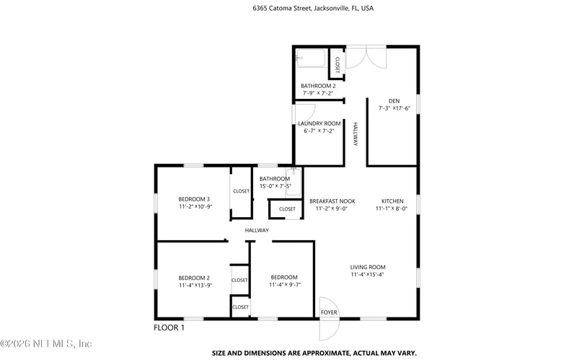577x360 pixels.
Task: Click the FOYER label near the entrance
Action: pyautogui.click(x=329, y=312)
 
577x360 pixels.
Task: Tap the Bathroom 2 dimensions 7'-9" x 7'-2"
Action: pyautogui.click(x=318, y=94)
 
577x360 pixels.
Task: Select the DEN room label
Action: pyautogui.click(x=394, y=101)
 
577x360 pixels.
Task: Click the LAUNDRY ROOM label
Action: pyautogui.click(x=320, y=123)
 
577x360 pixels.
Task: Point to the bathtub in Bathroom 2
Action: pyautogui.click(x=311, y=58)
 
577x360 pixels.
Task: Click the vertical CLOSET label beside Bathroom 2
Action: pyautogui.click(x=338, y=65)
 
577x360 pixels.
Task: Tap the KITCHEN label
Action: pyautogui.click(x=392, y=201)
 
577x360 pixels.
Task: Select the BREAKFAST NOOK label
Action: pyautogui.click(x=332, y=201)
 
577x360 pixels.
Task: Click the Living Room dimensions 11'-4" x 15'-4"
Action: pyautogui.click(x=368, y=275)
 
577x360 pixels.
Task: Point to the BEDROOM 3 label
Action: pyautogui.click(x=194, y=199)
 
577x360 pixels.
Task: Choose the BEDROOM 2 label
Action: pyautogui.click(x=194, y=278)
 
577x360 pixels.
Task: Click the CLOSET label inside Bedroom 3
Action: pyautogui.click(x=241, y=191)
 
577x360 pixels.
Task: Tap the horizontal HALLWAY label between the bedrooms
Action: pyautogui.click(x=257, y=230)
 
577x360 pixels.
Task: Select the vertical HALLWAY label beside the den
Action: pyautogui.click(x=356, y=134)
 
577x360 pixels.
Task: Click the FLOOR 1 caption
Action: pyautogui.click(x=169, y=328)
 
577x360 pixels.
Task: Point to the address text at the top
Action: pyautogui.click(x=313, y=8)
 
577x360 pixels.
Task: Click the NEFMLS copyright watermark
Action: pyautogui.click(x=46, y=344)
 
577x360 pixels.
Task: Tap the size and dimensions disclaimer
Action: pyautogui.click(x=314, y=353)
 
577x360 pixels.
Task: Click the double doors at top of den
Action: pyautogui.click(x=366, y=57)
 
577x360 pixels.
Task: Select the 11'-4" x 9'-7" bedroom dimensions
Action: pyautogui.click(x=285, y=285)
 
